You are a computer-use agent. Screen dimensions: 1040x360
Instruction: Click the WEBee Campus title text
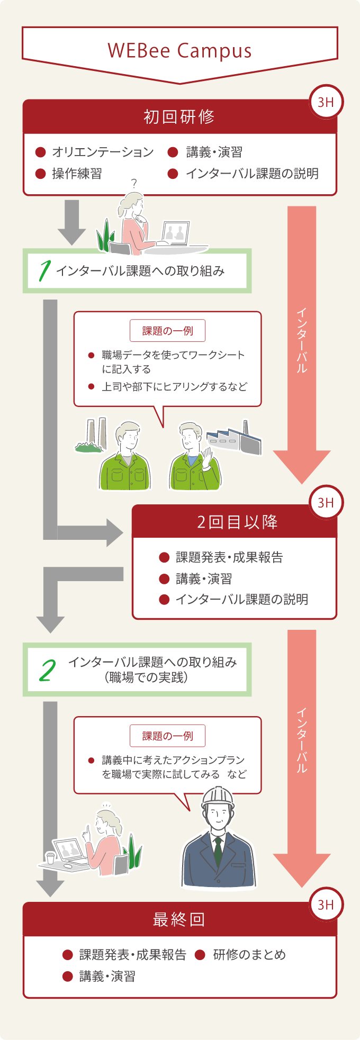[179, 51]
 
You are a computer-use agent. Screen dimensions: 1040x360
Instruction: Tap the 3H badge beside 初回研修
[326, 102]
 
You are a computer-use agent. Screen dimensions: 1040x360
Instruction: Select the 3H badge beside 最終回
[326, 905]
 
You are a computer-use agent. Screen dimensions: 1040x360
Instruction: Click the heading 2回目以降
[237, 522]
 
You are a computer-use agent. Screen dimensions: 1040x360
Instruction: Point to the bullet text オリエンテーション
[103, 152]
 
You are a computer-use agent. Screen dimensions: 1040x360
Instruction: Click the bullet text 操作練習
[77, 174]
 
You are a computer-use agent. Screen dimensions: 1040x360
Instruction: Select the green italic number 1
[44, 271]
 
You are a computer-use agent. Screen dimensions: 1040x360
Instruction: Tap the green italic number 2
[48, 671]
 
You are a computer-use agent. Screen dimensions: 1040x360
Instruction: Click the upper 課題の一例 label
[167, 331]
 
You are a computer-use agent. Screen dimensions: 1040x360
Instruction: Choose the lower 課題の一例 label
[167, 736]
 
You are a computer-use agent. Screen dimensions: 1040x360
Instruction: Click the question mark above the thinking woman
[134, 184]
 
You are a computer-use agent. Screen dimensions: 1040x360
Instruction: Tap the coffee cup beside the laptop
[51, 857]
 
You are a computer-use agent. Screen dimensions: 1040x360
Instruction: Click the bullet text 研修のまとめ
[249, 954]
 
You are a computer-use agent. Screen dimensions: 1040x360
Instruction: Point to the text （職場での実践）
[147, 677]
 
